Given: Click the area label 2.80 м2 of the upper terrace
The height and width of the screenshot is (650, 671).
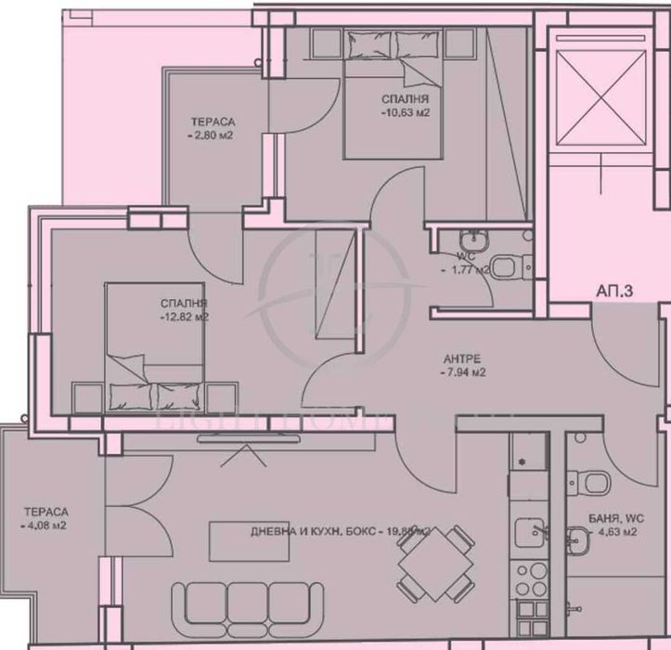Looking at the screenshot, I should pos(212,136).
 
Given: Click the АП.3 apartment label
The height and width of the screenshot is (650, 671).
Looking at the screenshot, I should pos(613,292).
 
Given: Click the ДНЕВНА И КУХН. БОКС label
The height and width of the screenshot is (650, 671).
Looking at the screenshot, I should pos(311,531).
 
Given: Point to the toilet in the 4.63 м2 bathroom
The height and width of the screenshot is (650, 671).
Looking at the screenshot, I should pos(594,481).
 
